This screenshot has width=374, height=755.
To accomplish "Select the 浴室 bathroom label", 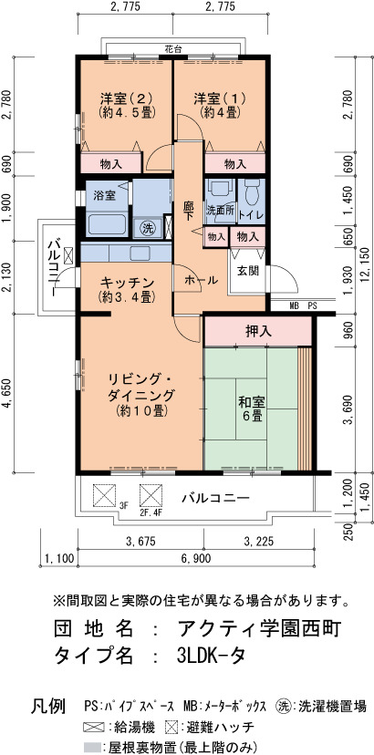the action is click(x=104, y=195).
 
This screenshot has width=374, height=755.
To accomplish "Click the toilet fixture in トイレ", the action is click(x=252, y=192).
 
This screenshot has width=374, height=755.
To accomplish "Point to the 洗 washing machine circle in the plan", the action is click(x=147, y=227).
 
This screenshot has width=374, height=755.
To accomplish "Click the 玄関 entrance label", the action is click(x=248, y=271).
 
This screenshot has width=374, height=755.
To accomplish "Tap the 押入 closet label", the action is click(x=258, y=331).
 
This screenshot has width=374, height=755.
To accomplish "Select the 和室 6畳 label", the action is click(x=249, y=409).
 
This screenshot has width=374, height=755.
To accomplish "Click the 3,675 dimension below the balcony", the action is click(x=140, y=542).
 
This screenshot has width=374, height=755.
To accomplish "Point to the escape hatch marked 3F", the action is click(x=105, y=495).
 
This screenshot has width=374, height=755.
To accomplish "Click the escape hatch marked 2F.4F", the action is click(x=151, y=495).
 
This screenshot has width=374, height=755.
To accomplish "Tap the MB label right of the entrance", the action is click(x=294, y=305).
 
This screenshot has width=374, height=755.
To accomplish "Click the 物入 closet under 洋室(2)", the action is click(x=111, y=164).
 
